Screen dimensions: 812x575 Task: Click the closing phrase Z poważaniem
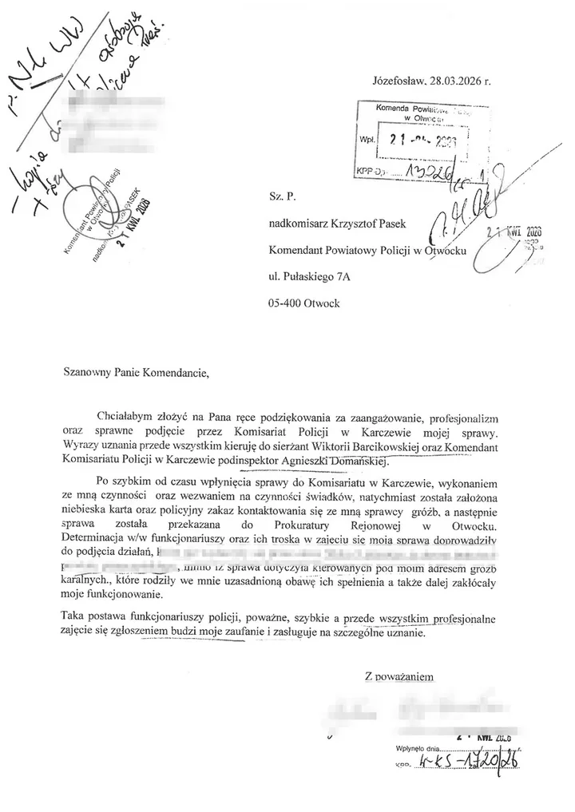tap(399, 676)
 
